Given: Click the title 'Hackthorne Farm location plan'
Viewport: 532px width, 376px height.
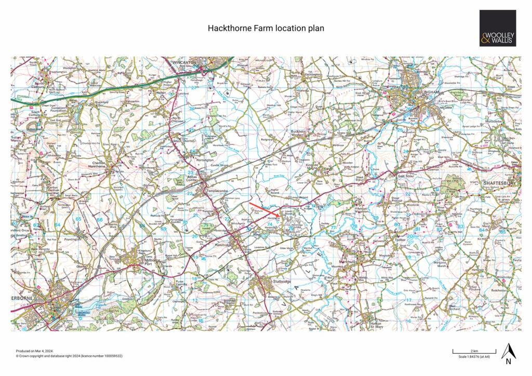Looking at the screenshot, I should [x=266, y=28].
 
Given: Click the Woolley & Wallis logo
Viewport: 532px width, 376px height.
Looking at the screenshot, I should [x=497, y=28].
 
